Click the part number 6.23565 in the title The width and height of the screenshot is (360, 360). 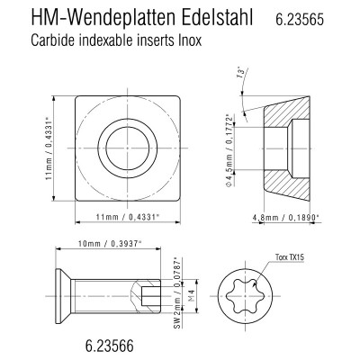click(x=300, y=20)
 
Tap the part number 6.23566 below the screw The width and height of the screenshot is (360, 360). click(x=109, y=346)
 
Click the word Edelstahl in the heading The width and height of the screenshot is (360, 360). click(x=217, y=18)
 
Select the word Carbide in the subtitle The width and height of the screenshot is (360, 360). click(x=52, y=40)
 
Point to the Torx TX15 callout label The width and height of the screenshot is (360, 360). click(x=290, y=257)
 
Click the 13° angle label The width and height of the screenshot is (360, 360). click(x=240, y=74)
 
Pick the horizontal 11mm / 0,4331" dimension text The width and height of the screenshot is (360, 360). click(x=127, y=217)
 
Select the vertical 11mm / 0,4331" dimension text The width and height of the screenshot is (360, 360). click(x=49, y=149)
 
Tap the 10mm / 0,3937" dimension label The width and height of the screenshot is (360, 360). click(x=109, y=244)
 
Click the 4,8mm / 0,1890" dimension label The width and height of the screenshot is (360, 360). click(x=285, y=217)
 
